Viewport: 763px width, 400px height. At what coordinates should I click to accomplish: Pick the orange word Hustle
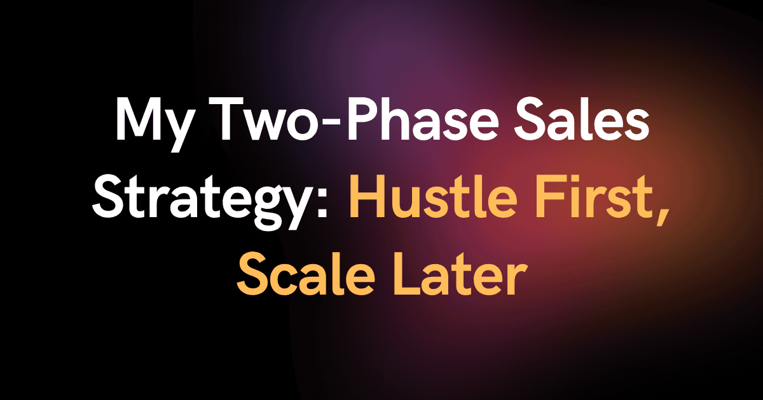(x=432, y=196)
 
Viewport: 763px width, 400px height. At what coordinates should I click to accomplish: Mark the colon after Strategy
(x=320, y=201)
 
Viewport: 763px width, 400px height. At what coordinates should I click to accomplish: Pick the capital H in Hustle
(x=366, y=196)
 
